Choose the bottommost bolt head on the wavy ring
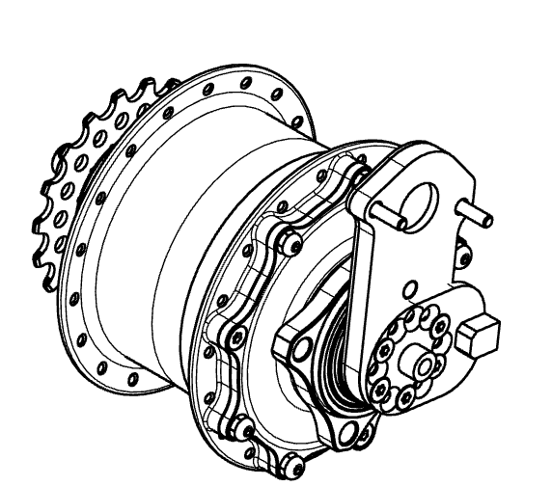(x=253, y=447)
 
